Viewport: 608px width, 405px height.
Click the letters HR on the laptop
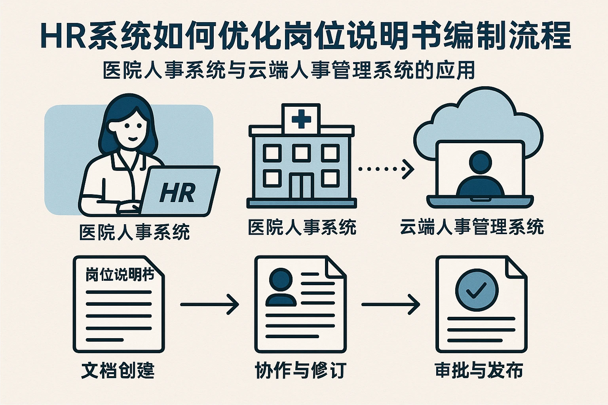pyautogui.click(x=177, y=193)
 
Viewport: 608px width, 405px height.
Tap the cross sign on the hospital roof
pyautogui.click(x=301, y=119)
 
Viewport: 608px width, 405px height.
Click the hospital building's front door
pyautogui.click(x=301, y=185)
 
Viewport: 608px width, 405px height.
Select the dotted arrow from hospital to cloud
pyautogui.click(x=386, y=169)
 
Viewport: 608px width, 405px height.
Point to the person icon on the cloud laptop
pyautogui.click(x=480, y=174)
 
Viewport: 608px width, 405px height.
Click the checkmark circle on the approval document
pyautogui.click(x=477, y=290)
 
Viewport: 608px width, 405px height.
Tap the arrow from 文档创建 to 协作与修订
pyautogui.click(x=209, y=305)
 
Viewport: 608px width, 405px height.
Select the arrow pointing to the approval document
pyautogui.click(x=390, y=305)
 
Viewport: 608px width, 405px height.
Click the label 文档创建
pyautogui.click(x=118, y=370)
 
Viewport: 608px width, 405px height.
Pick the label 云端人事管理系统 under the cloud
pyautogui.click(x=472, y=227)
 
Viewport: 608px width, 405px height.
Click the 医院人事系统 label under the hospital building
pyautogui.click(x=302, y=227)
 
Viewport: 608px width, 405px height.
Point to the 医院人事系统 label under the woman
pyautogui.click(x=135, y=232)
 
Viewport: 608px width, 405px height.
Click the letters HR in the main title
pyautogui.click(x=63, y=37)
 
